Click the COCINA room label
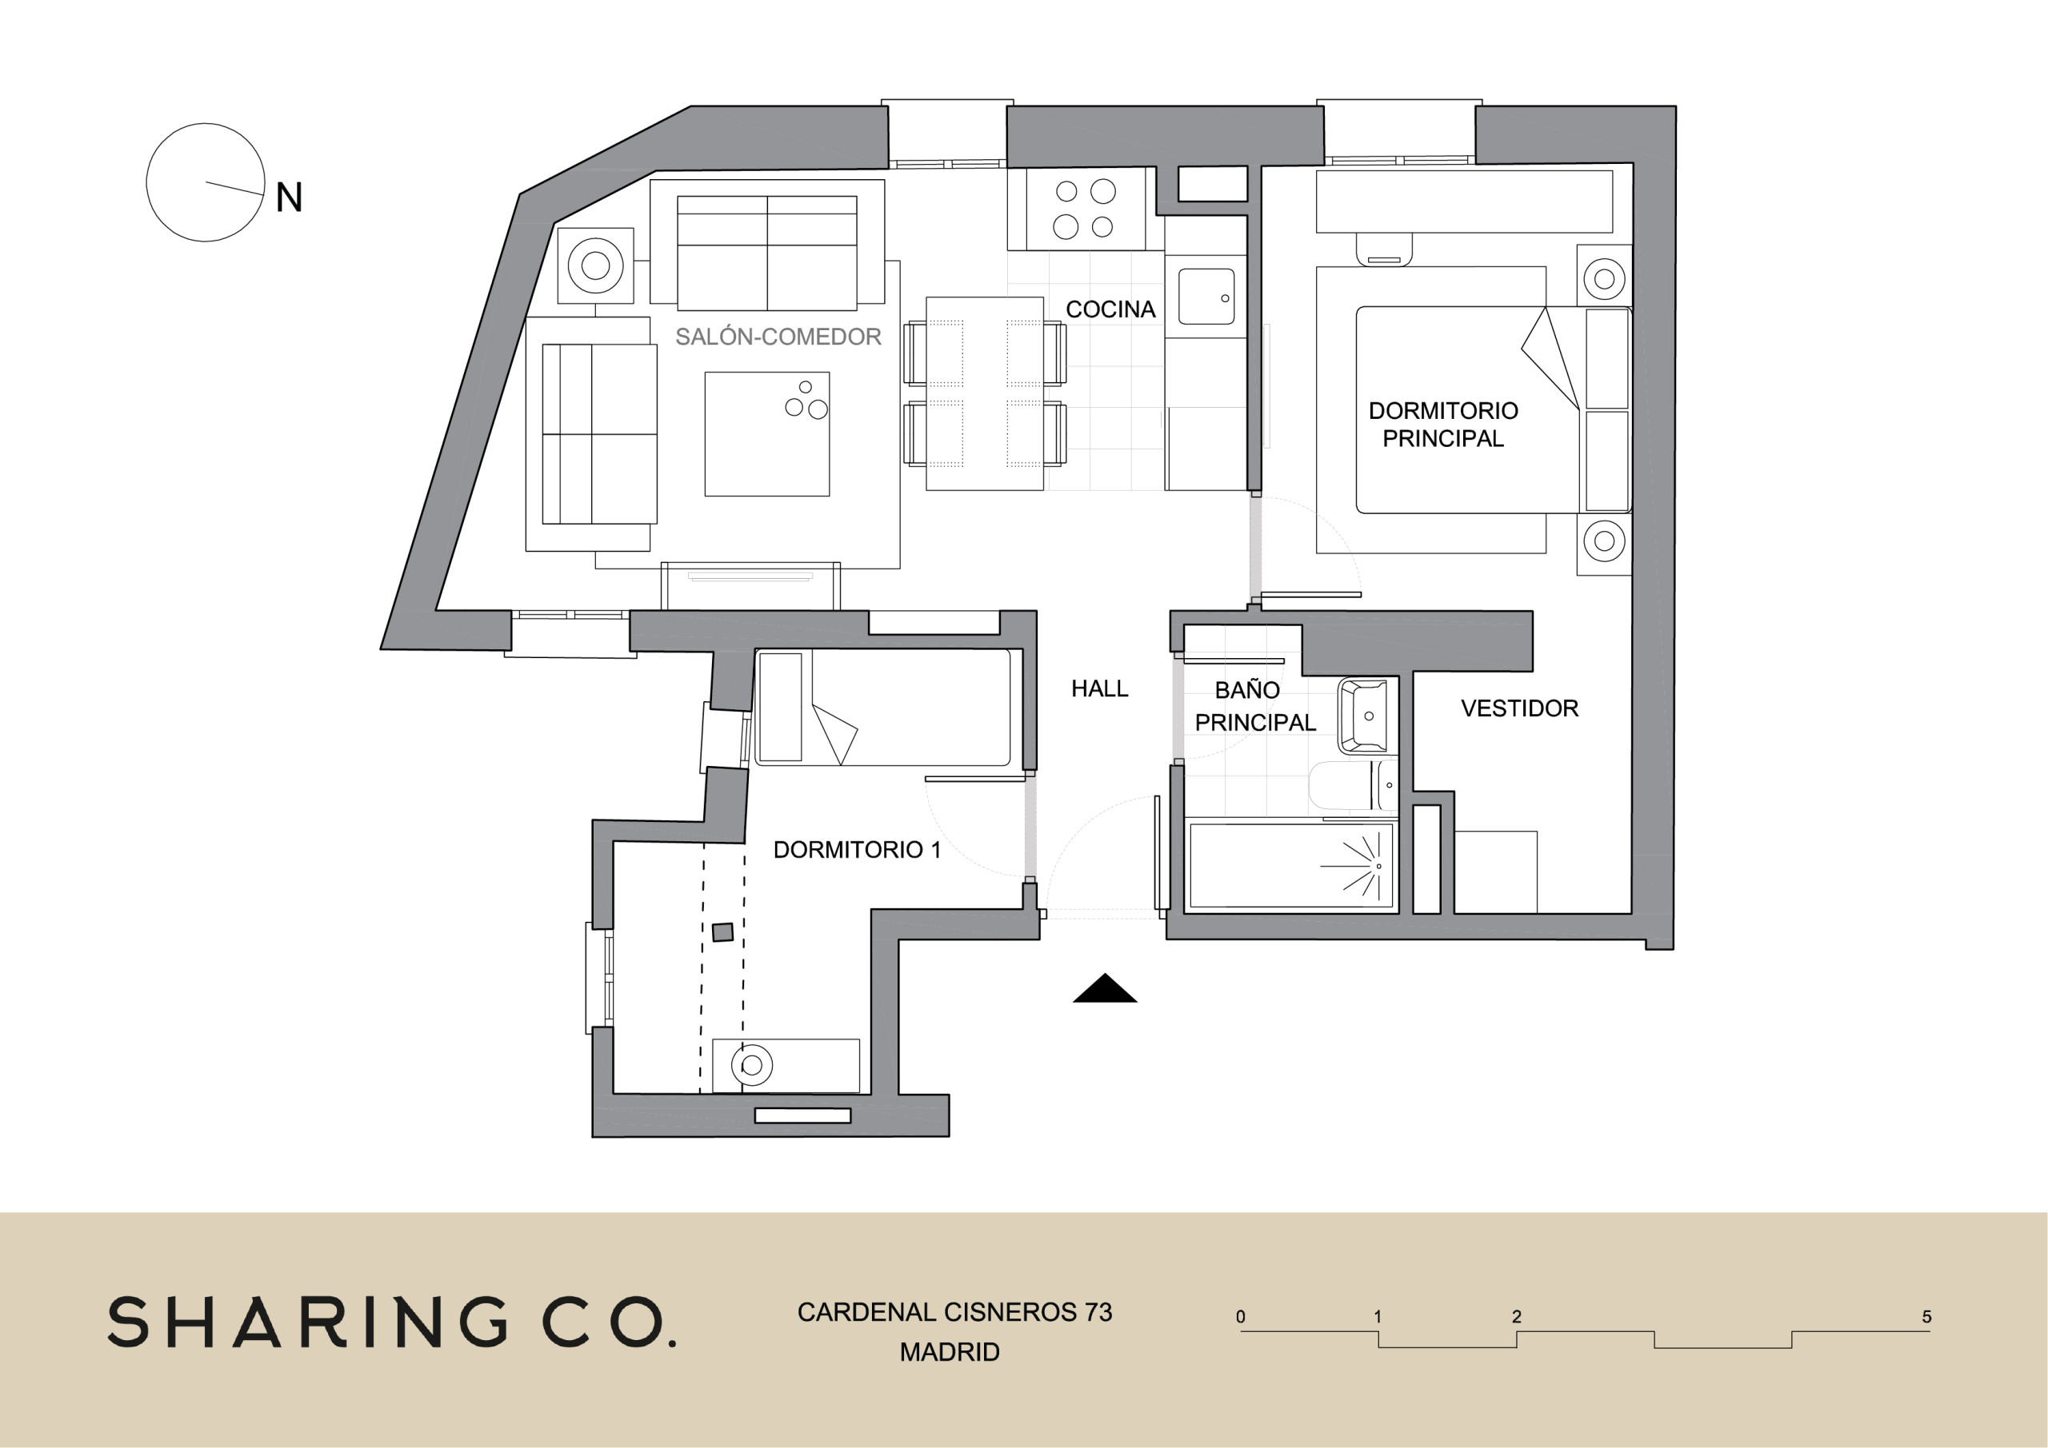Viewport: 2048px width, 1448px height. click(x=1110, y=309)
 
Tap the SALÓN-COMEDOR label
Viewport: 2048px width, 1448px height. click(x=778, y=336)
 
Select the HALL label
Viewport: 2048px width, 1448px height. click(x=1100, y=688)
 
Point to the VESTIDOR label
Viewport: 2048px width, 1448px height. click(x=1520, y=708)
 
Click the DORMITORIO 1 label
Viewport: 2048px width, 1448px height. click(x=857, y=850)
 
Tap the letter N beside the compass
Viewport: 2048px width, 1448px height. click(x=289, y=197)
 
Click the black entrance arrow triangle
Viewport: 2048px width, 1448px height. click(x=1104, y=988)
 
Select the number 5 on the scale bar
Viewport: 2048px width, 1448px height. click(x=1926, y=1317)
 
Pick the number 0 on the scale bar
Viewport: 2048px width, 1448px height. click(x=1241, y=1317)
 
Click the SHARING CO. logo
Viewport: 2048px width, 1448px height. click(x=391, y=1322)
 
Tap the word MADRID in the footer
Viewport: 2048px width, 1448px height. click(x=950, y=1353)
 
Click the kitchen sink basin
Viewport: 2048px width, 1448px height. click(x=1207, y=296)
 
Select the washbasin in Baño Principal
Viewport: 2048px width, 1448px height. click(x=1363, y=716)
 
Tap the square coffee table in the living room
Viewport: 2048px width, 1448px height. click(x=767, y=434)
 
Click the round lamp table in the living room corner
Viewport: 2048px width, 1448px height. click(x=595, y=265)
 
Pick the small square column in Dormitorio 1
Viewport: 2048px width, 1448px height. click(x=722, y=932)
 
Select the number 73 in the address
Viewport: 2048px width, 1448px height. click(x=1098, y=1312)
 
